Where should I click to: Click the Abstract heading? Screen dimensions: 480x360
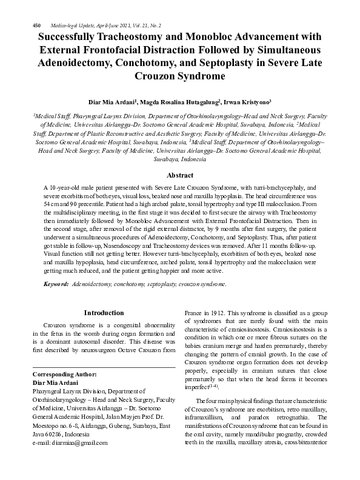pyautogui.click(x=179, y=175)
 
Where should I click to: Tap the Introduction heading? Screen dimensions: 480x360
pyautogui.click(x=103, y=313)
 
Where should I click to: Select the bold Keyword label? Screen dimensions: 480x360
pyautogui.click(x=56, y=284)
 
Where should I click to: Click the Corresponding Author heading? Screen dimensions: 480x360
pyautogui.click(x=60, y=375)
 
